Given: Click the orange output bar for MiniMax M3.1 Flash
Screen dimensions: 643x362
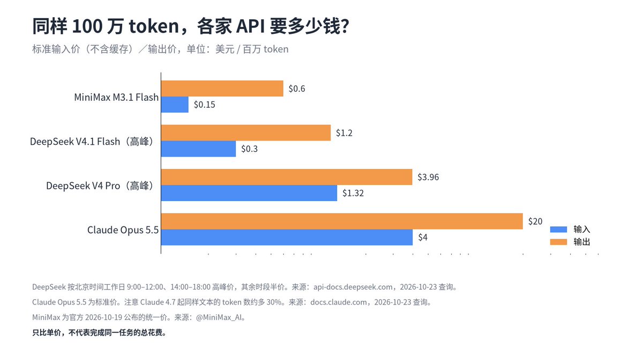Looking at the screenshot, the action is point(222,88).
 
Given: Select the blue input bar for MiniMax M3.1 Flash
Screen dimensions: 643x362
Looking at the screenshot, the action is point(175,105).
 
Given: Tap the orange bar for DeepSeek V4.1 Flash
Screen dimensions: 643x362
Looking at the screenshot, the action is point(246,133).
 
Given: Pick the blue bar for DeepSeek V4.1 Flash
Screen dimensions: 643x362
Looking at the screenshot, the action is point(199,149).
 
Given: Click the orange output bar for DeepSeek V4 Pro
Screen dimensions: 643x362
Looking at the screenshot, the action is point(287,177).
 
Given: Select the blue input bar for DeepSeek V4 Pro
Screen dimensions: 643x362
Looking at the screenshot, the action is point(249,193).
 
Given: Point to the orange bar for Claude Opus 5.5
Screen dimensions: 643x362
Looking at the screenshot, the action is point(342,221).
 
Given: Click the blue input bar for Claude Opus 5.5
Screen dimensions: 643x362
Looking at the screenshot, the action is point(287,237).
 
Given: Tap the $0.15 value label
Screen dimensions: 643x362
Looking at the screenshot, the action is point(204,105).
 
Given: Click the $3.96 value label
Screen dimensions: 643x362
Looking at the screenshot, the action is point(428,177).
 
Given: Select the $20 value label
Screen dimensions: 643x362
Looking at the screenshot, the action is point(535,221).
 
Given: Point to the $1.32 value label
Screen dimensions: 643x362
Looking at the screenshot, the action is point(353,193).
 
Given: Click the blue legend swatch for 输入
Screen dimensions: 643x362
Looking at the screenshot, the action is point(558,230).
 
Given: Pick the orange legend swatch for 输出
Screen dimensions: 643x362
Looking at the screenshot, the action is point(558,242).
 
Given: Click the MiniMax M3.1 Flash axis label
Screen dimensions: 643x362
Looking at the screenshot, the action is point(116,98).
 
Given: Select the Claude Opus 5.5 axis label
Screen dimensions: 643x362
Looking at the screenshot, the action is point(123,230).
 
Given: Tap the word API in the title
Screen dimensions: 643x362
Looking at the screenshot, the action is point(250,26).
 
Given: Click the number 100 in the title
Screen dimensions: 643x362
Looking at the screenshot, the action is point(87,26).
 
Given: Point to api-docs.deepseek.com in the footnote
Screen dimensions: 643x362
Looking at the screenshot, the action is point(353,287).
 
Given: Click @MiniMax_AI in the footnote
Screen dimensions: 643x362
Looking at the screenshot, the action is point(220,317).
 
